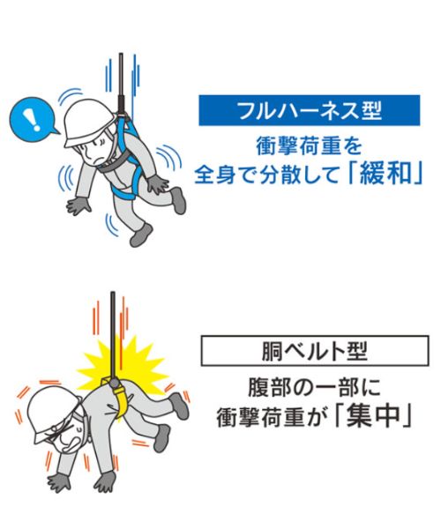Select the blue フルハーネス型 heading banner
pos(309,110)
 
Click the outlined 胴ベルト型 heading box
pos(315,351)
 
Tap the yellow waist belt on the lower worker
pos(121,399)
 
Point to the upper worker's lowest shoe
pos(141,235)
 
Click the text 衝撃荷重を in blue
pos(309,146)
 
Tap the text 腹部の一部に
pos(315,387)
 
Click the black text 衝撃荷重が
pos(270,417)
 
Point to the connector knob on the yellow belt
pos(114,383)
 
